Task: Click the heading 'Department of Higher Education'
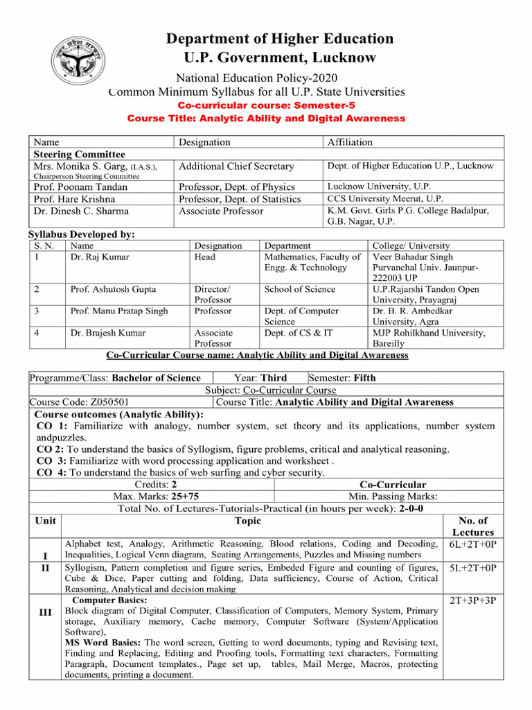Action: (x=279, y=39)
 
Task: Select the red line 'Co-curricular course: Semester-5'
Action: (x=266, y=105)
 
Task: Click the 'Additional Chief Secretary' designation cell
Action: (x=236, y=166)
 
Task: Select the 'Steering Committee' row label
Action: (x=80, y=154)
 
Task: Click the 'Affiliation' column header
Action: (x=350, y=142)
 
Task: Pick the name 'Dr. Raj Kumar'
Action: (x=100, y=257)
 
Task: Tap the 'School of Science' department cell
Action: (x=299, y=289)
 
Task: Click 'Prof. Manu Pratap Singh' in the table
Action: (x=119, y=311)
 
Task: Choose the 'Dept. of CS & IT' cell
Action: (x=298, y=333)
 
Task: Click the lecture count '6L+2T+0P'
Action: (x=473, y=544)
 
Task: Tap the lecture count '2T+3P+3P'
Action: (x=473, y=600)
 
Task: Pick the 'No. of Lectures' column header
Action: (x=473, y=526)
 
